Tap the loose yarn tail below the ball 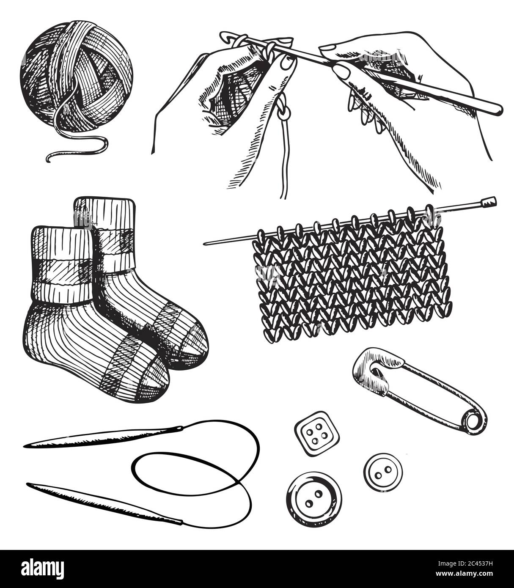click(x=76, y=146)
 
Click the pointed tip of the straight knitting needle click(x=206, y=243)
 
